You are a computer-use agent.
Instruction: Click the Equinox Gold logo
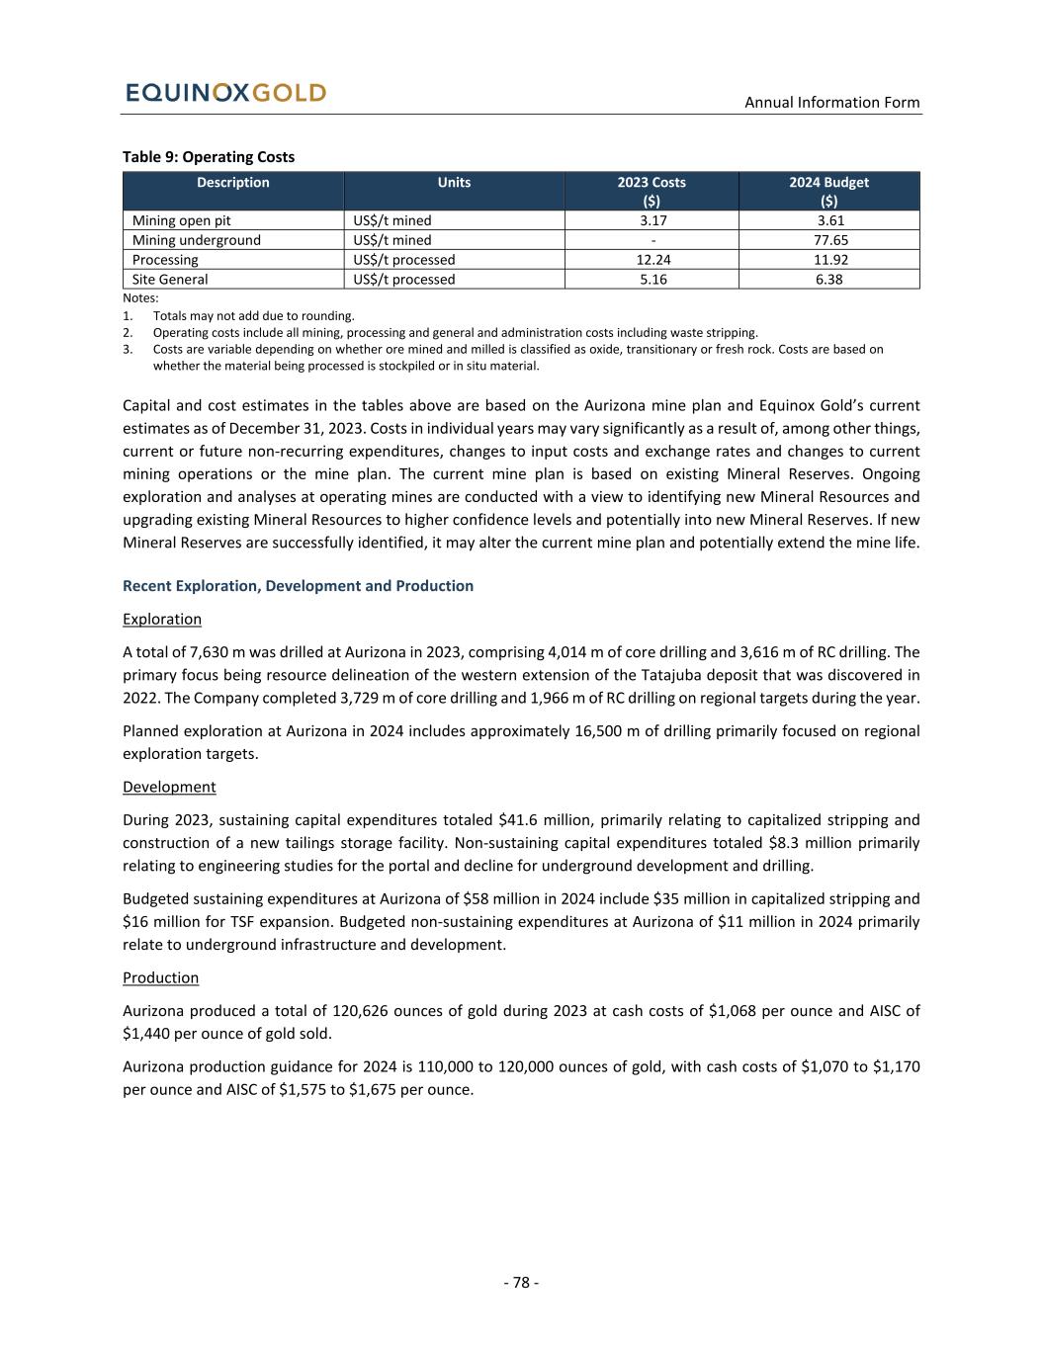tap(226, 93)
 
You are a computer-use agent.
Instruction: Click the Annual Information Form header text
tap(831, 102)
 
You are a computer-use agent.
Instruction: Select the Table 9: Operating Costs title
tap(209, 156)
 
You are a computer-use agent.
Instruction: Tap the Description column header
tap(232, 182)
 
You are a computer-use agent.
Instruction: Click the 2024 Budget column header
tap(828, 182)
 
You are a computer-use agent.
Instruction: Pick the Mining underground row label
tap(197, 240)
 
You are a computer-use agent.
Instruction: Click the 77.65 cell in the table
tap(828, 240)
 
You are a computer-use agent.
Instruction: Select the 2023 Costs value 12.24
tap(652, 260)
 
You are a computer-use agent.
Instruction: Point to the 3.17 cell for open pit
tap(652, 220)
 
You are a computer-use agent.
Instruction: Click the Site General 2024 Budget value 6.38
tap(828, 280)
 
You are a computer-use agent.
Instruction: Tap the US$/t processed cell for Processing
tap(404, 260)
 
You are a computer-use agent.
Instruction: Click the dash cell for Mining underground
tap(652, 240)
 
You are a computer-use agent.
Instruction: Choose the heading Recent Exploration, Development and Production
tap(298, 586)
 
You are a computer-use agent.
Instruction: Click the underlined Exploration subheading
tap(162, 619)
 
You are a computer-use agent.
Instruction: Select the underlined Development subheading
tap(169, 787)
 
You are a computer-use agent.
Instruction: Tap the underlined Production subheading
tap(160, 977)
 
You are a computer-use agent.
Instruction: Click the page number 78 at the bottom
tap(521, 1283)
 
